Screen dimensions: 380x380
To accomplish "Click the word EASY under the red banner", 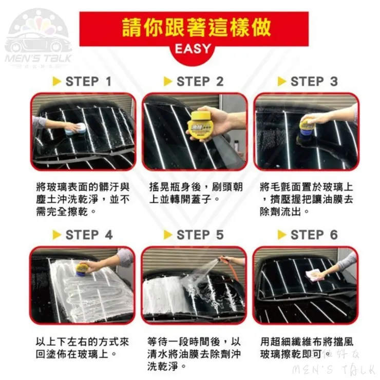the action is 193,49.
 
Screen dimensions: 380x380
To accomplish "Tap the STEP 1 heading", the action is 88,82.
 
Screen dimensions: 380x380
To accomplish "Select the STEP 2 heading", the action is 200,82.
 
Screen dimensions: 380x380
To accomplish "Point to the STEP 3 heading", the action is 314,82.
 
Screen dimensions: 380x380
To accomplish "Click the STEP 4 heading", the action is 89,235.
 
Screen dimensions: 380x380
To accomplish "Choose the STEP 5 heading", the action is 200,235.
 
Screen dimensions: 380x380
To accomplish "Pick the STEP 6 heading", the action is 314,235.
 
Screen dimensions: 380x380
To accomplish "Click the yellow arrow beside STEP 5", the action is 168,235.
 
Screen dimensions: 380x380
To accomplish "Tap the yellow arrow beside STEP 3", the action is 281,82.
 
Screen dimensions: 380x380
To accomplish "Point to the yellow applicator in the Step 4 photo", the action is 83,269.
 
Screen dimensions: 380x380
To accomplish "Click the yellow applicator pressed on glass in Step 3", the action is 306,127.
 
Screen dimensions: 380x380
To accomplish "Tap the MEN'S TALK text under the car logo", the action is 38,59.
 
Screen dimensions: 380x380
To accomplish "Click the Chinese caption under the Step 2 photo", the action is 196,194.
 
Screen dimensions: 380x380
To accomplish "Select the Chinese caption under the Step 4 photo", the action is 82,348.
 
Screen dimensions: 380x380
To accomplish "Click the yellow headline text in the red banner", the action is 196,28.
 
